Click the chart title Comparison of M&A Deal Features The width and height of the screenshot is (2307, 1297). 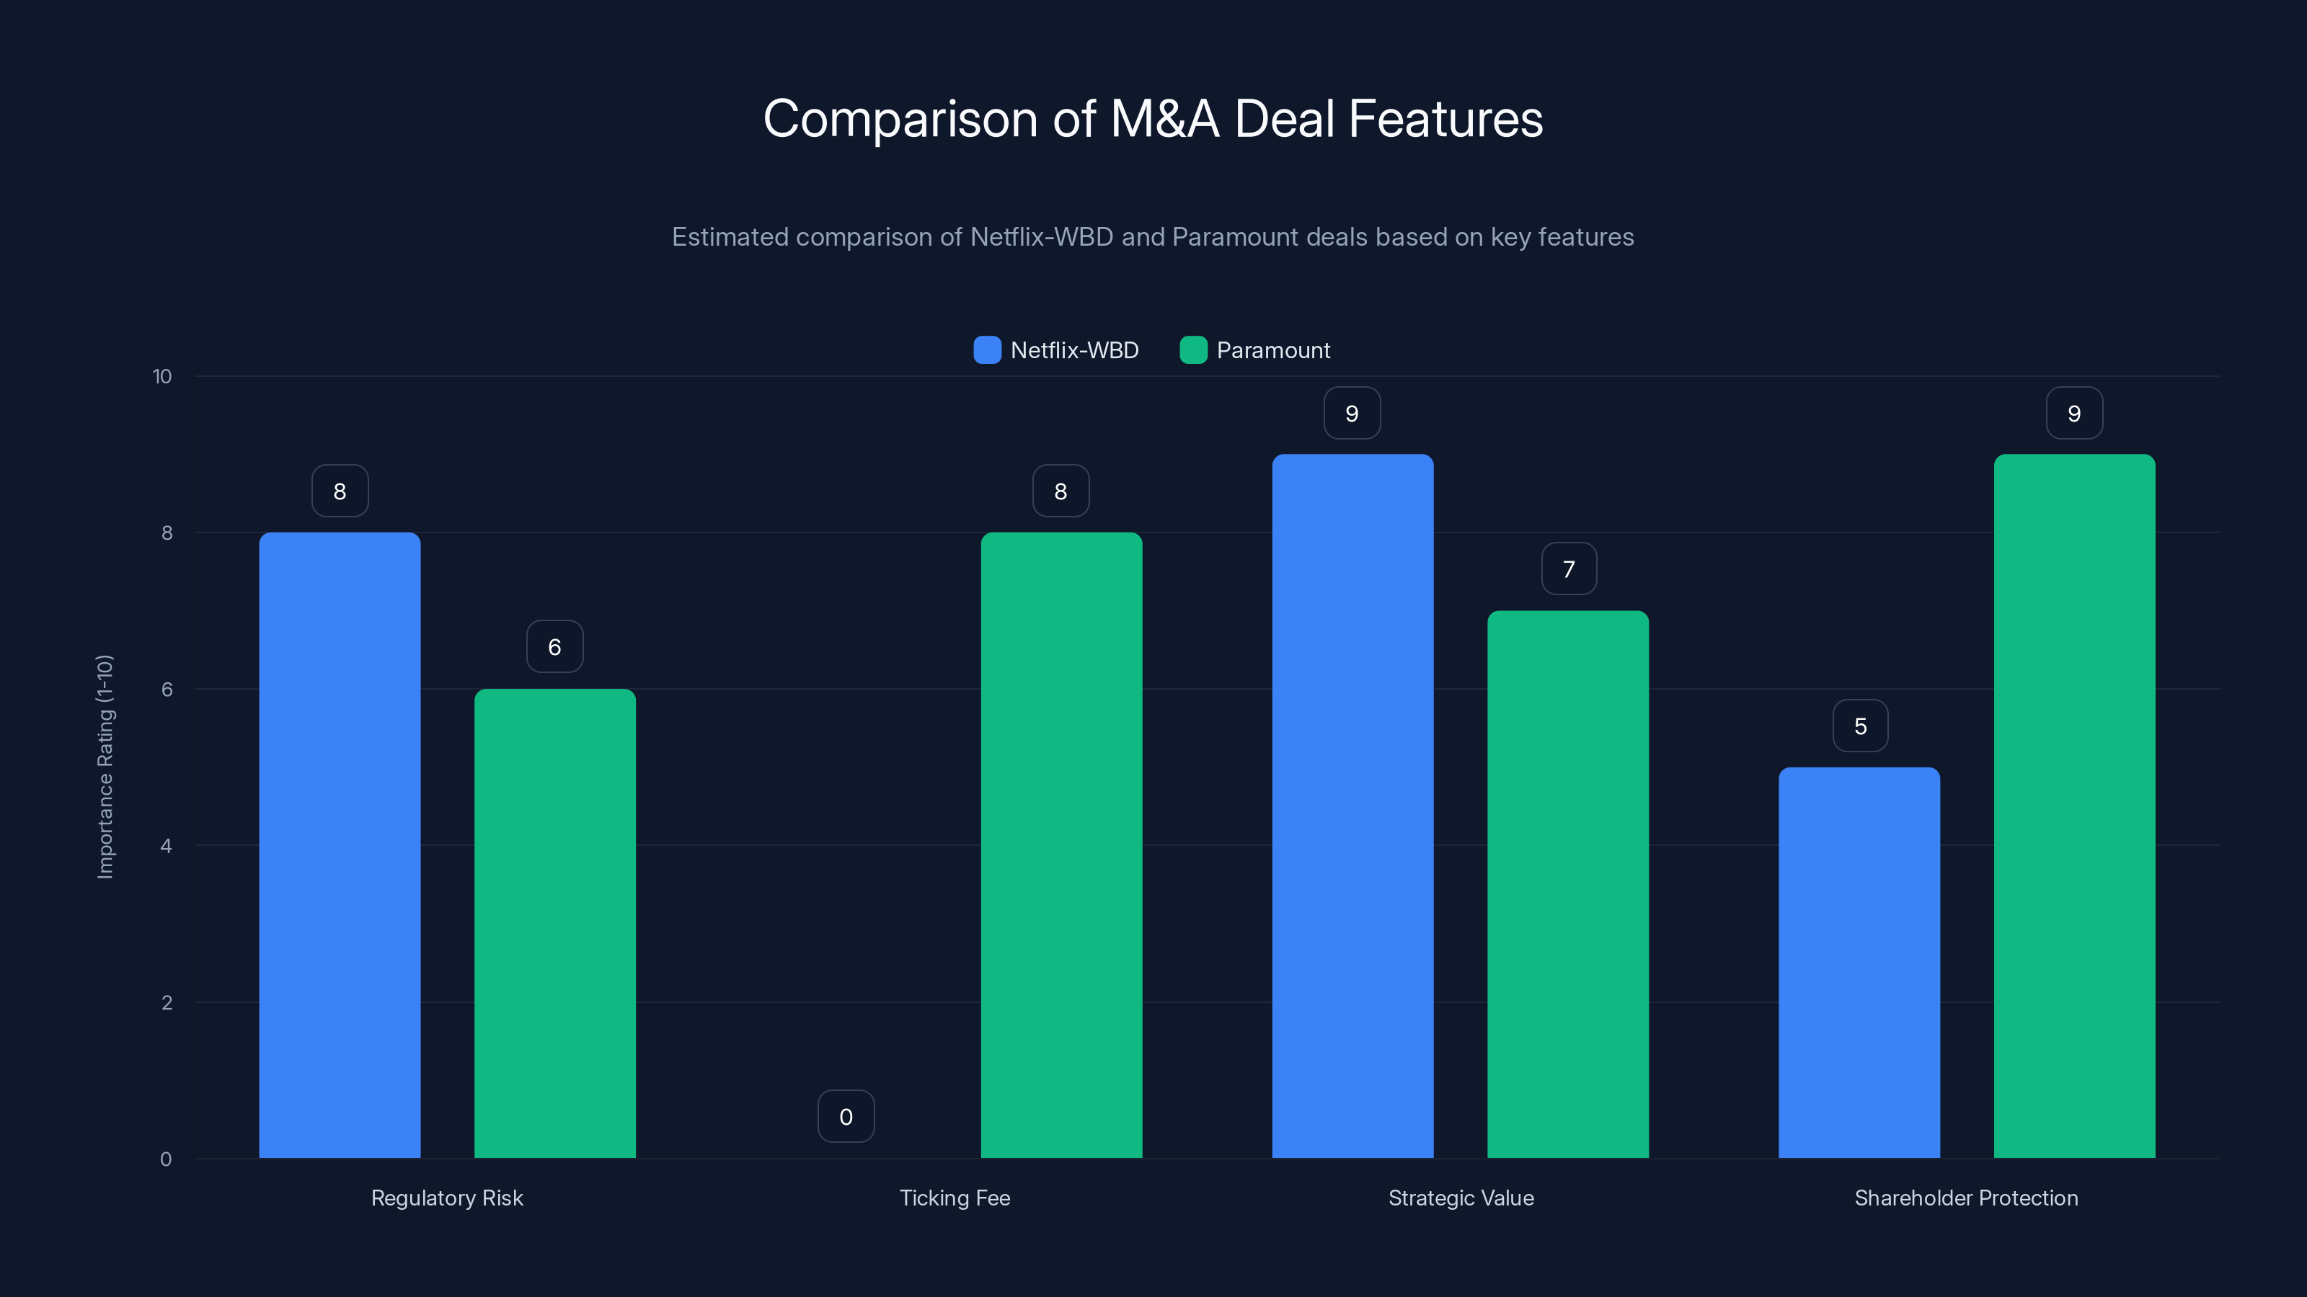coord(1153,119)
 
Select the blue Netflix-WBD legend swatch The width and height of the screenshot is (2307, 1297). coord(987,350)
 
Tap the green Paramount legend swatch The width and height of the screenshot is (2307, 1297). coord(1193,350)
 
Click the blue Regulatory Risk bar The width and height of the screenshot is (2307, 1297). coord(340,845)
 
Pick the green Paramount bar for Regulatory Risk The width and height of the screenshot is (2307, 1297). coord(554,923)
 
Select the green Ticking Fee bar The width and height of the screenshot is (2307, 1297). coord(1061,845)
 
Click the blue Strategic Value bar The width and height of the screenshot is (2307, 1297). coord(1352,806)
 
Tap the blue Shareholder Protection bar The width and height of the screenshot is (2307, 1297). coord(1859,962)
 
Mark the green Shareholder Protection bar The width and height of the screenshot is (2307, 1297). coord(2074,806)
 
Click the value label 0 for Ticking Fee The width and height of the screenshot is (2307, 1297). coord(846,1116)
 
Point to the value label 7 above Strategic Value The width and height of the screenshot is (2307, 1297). coord(1568,569)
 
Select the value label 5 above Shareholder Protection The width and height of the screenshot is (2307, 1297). coord(1860,725)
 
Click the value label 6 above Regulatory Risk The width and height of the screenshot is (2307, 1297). coord(554,646)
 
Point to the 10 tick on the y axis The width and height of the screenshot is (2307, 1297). coord(162,376)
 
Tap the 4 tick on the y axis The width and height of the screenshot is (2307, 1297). coord(166,846)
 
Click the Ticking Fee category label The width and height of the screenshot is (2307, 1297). coord(955,1198)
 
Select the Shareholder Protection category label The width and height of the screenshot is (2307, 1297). coord(1966,1198)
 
